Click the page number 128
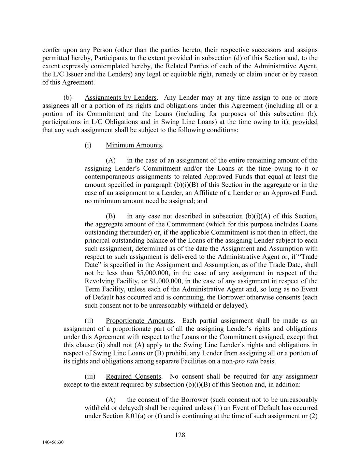point(180,435)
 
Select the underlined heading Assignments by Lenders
point(120,98)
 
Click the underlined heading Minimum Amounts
point(134,145)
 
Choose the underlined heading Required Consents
point(133,377)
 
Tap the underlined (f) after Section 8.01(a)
point(158,416)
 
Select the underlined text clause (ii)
point(90,345)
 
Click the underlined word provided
point(305,122)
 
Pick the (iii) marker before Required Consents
point(90,377)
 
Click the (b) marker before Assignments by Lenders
point(68,98)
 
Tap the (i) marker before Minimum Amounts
point(88,145)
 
